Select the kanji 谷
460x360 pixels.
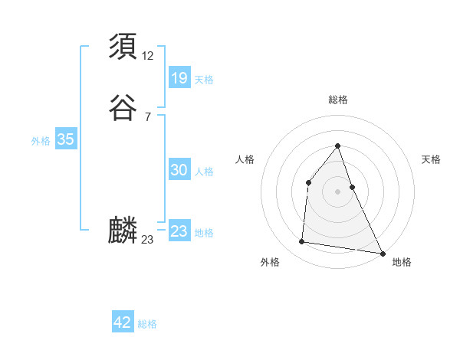(123, 108)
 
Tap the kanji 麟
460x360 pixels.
(123, 230)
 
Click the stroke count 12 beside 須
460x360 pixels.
(148, 56)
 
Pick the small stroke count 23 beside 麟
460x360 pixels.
(148, 240)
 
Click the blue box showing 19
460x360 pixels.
(179, 78)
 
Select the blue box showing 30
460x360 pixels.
(179, 171)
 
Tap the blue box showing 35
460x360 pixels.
(65, 139)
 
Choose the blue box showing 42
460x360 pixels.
(123, 322)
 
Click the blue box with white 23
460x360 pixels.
(179, 231)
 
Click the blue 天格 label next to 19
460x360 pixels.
(204, 80)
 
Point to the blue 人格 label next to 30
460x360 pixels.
(204, 172)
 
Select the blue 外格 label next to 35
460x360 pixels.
(41, 141)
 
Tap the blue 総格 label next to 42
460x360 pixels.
(147, 324)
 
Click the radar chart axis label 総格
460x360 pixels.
(337, 100)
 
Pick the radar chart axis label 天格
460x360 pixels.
(432, 159)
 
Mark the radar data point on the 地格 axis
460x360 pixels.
(383, 254)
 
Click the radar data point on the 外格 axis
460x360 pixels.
(302, 242)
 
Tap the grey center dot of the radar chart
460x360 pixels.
(337, 191)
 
